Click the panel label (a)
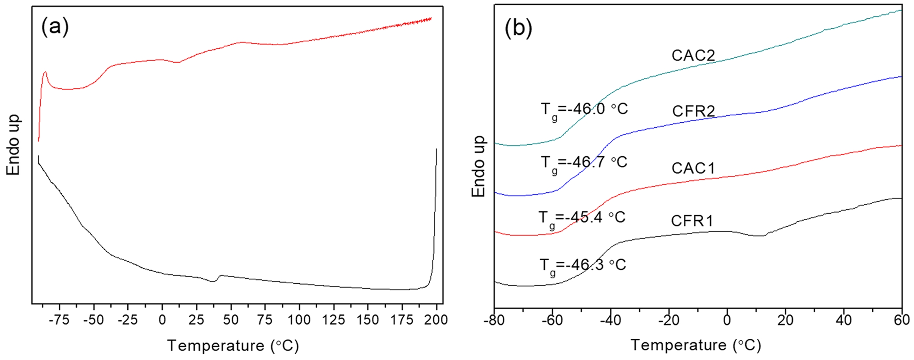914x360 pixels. point(55,27)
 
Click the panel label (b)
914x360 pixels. point(518,28)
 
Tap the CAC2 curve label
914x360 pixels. point(693,55)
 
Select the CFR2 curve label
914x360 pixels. point(693,111)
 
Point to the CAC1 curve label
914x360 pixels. point(693,168)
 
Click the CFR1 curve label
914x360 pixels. point(692,221)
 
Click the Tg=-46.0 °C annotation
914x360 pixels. point(584,110)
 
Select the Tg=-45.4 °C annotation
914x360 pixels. point(582,218)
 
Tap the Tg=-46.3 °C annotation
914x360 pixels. point(582,266)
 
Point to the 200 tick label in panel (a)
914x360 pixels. point(436,320)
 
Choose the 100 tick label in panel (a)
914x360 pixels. point(299,320)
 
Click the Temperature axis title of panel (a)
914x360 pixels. point(233,345)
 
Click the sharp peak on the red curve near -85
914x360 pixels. point(46,72)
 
